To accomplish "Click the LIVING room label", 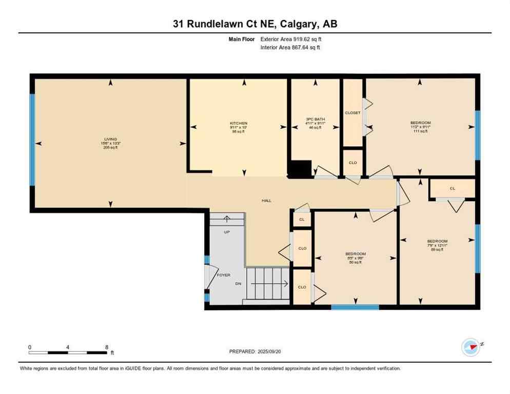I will (110, 139).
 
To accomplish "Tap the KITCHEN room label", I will (239, 124).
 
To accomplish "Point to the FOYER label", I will (224, 275).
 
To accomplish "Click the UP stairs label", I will (226, 232).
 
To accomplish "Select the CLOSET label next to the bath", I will (352, 113).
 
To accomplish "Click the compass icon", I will (470, 347).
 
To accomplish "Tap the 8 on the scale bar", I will (106, 347).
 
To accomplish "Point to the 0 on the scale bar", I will (30, 347).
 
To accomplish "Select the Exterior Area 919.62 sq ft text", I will (291, 39).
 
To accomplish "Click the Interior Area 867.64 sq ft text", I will (290, 48).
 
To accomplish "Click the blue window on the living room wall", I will (32, 139).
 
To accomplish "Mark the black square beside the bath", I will (300, 169).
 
